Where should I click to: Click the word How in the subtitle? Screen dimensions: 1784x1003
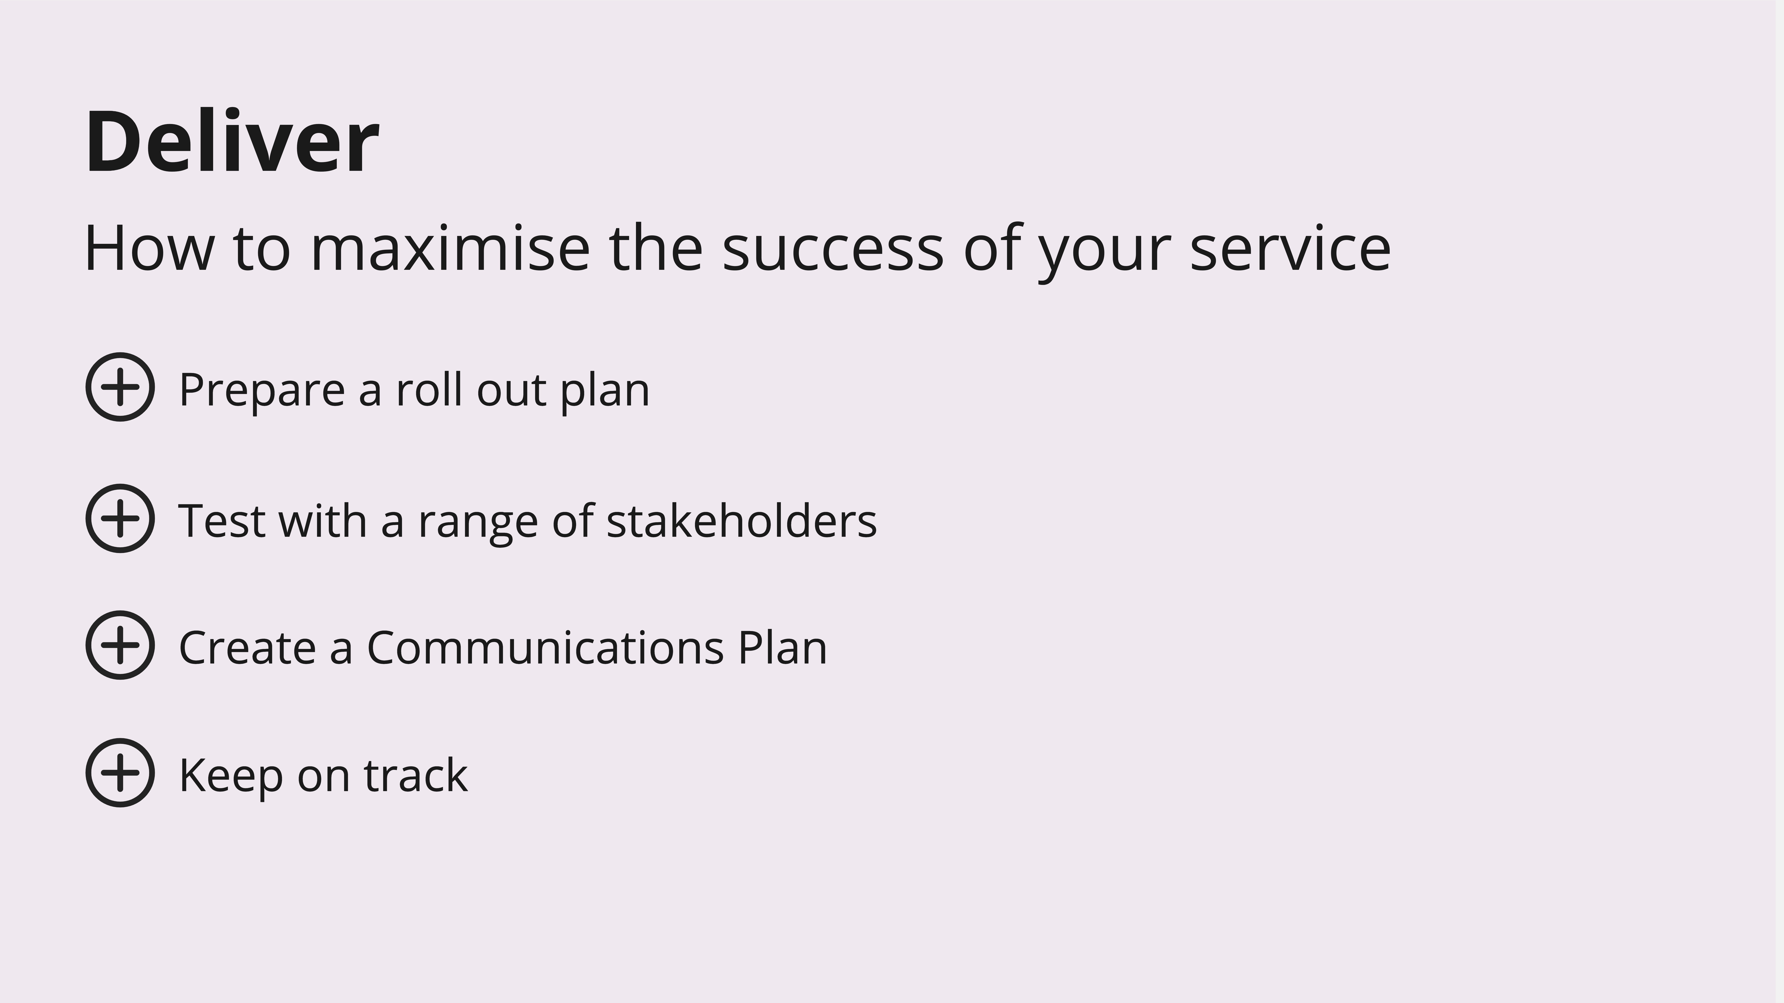tap(149, 248)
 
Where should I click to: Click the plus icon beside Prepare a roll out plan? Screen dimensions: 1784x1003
tap(120, 387)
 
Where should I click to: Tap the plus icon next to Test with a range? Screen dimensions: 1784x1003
tap(120, 518)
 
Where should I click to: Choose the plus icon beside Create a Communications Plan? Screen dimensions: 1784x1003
tap(120, 645)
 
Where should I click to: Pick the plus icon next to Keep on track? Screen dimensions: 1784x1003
tap(120, 773)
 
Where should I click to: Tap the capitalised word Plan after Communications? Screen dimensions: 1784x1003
tap(783, 647)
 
